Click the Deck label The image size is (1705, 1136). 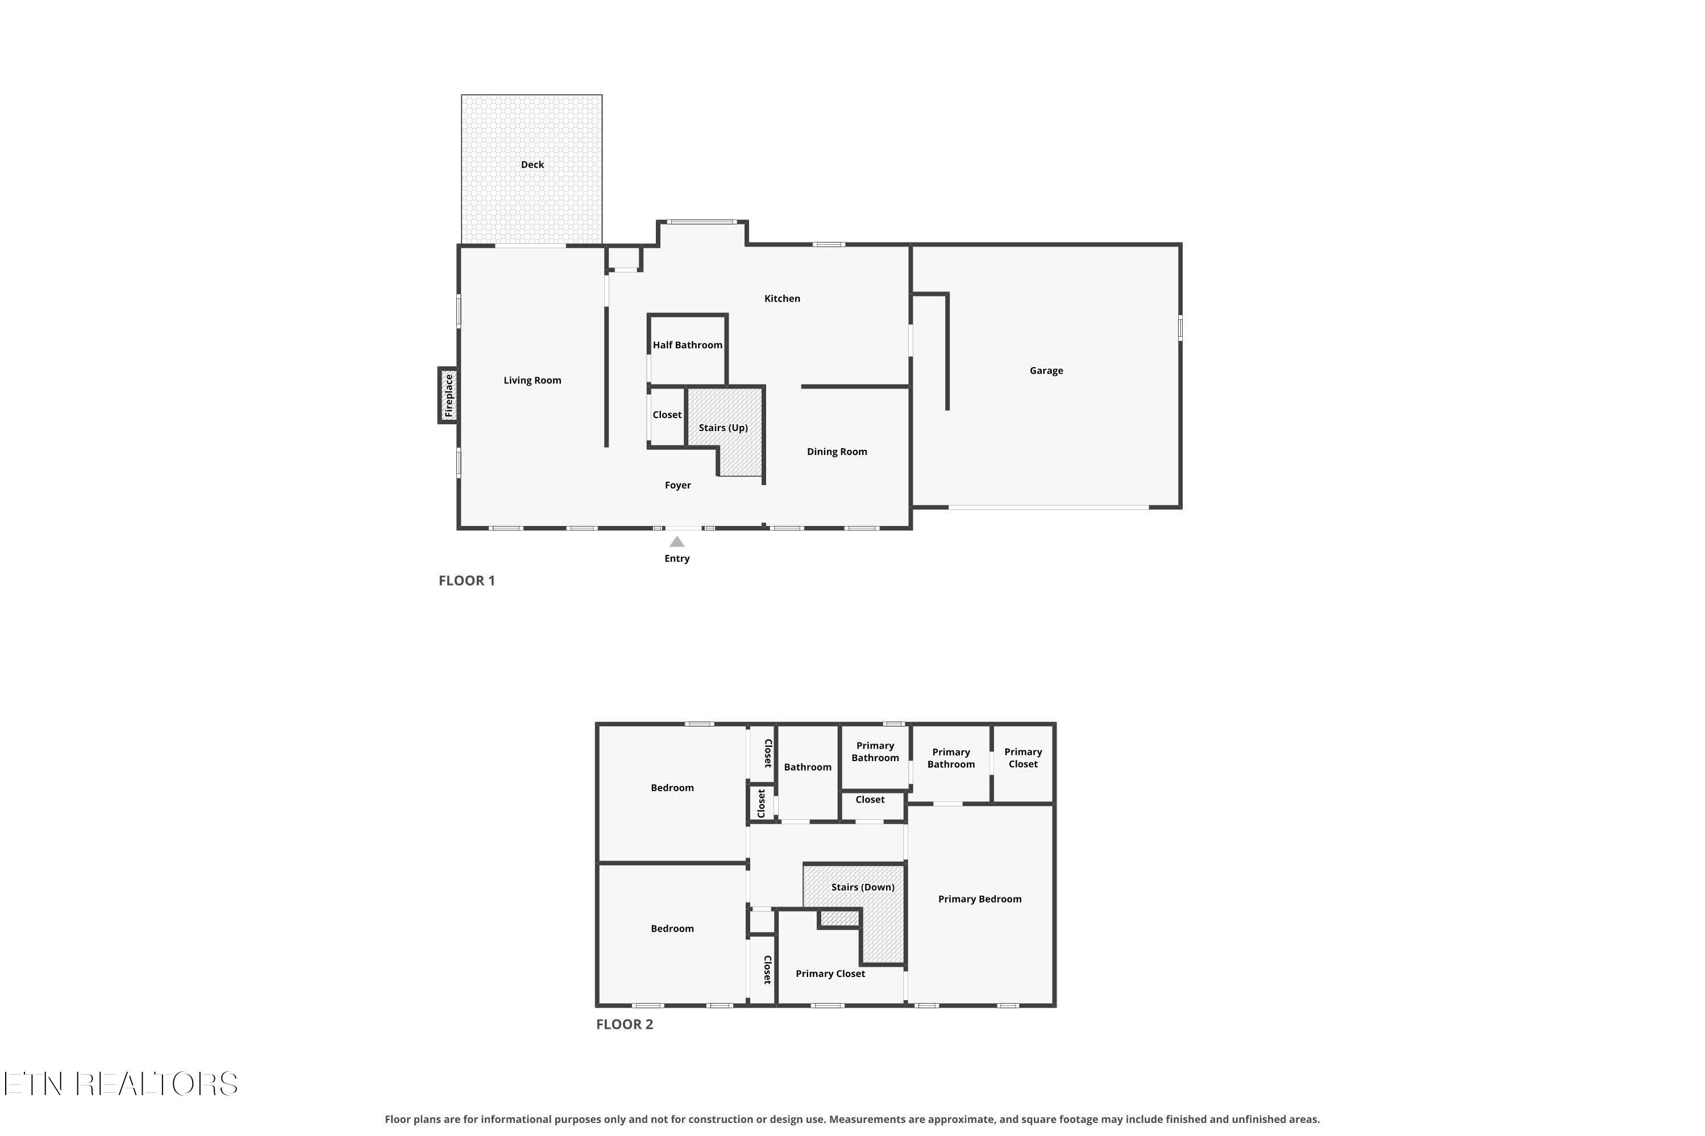click(532, 165)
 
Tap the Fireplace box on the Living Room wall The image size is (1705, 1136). click(448, 395)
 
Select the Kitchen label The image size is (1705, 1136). click(782, 299)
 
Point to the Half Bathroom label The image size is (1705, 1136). click(687, 345)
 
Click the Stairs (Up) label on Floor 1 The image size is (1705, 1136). click(723, 428)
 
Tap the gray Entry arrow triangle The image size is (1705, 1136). click(676, 541)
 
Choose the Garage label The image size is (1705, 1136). click(1046, 370)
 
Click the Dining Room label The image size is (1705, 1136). click(837, 452)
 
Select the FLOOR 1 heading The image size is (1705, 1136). click(467, 580)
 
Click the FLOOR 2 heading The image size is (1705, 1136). click(624, 1024)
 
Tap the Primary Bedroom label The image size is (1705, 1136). click(979, 899)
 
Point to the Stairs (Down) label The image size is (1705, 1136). click(863, 887)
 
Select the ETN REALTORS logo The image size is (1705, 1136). click(120, 1084)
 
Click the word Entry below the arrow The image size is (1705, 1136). click(676, 558)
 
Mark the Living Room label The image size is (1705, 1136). click(532, 381)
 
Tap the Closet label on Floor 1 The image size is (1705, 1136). click(667, 415)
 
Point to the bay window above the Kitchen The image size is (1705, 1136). click(702, 222)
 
